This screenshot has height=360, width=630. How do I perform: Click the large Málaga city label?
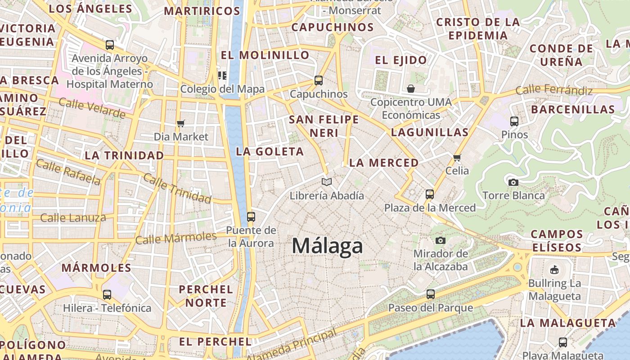pos(327,246)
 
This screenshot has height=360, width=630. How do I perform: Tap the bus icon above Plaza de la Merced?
pos(430,194)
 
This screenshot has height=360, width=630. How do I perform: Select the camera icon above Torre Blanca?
pos(513,182)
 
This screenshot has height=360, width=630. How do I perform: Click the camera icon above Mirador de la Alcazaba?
pos(441,240)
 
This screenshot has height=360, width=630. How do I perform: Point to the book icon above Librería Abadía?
pos(327,182)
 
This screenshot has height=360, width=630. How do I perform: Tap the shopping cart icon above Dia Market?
pos(181,123)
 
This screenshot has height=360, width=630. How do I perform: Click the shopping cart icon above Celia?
pos(457,157)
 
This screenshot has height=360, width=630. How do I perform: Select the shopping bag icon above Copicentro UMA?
pos(410,89)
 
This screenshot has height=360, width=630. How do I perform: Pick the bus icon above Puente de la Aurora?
pos(251,217)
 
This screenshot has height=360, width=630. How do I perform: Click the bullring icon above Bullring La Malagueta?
pos(554,270)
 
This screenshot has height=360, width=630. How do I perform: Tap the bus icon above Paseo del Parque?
pos(431,294)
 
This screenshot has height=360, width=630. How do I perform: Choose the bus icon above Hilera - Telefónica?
pos(107,295)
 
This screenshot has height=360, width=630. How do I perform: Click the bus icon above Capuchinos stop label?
pos(319,81)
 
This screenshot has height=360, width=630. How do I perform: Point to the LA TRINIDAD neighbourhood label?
pos(125,156)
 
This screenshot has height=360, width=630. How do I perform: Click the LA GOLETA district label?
pos(270,152)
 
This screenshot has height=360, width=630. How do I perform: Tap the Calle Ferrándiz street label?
pos(554,90)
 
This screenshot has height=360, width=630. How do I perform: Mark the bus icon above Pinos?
pos(514,121)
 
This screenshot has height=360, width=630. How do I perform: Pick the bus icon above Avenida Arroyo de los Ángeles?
pos(110,45)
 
